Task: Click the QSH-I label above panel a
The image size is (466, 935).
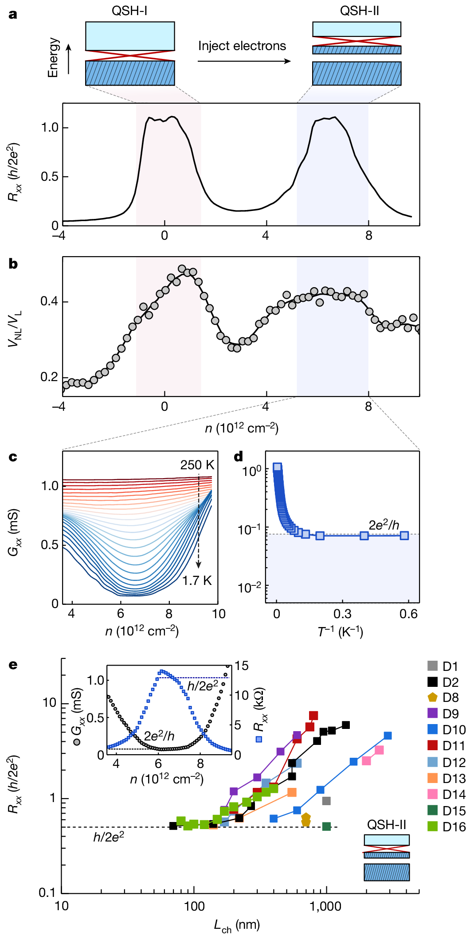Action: [129, 11]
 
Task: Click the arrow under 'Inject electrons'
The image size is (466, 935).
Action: [244, 61]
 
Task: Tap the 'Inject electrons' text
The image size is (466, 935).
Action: [242, 46]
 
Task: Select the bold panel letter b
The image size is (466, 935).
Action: [13, 264]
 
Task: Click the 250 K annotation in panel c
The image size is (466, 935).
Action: [197, 465]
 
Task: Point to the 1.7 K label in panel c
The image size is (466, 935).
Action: [197, 580]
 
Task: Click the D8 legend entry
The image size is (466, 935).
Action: [445, 697]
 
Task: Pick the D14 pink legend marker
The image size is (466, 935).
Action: [433, 794]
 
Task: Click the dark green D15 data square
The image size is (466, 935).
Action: [326, 826]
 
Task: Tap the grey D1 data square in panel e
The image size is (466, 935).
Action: [326, 801]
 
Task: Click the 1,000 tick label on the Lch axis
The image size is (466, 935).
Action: [326, 906]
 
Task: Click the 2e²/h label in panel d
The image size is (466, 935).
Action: [384, 526]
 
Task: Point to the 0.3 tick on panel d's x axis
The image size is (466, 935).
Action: [342, 614]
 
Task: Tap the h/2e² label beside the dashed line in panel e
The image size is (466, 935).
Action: [109, 837]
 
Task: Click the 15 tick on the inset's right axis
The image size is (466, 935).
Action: [242, 666]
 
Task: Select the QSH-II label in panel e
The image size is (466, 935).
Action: [386, 825]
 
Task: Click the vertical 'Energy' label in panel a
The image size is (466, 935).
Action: [53, 58]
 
